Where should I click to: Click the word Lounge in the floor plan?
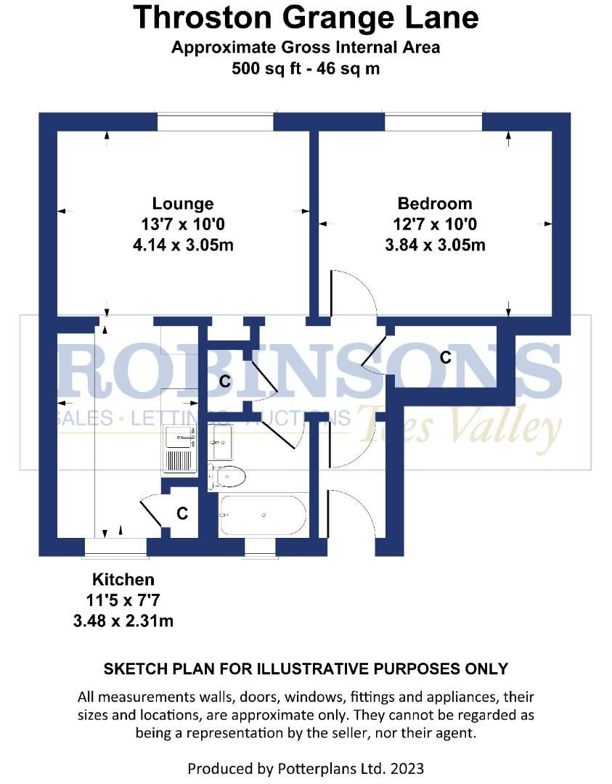(x=183, y=203)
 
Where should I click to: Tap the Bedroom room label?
(x=434, y=203)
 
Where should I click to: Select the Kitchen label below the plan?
(x=123, y=579)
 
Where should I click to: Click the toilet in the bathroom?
(x=228, y=477)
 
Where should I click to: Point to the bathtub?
(x=263, y=515)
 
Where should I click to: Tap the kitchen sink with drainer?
(x=179, y=449)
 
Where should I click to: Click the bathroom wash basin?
(x=221, y=438)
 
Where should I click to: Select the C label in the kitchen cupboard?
(x=182, y=514)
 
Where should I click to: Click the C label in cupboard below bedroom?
(x=445, y=357)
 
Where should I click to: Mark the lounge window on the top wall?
(x=215, y=121)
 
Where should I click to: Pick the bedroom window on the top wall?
(x=433, y=121)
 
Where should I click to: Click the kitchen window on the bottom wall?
(x=115, y=547)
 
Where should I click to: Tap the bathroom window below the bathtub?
(x=260, y=547)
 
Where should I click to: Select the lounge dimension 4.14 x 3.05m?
(x=183, y=245)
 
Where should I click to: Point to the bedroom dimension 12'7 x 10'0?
(x=434, y=224)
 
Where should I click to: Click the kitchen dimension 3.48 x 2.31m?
(x=123, y=621)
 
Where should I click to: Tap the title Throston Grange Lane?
(x=306, y=17)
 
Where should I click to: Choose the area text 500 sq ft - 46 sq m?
(x=306, y=70)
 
